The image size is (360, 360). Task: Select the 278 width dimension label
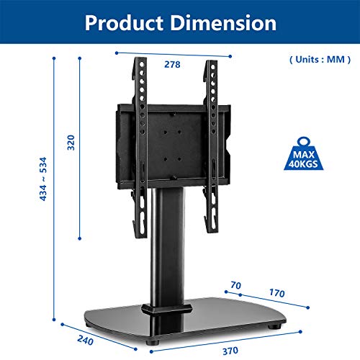coord(171,64)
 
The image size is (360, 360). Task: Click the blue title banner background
coord(43,22)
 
